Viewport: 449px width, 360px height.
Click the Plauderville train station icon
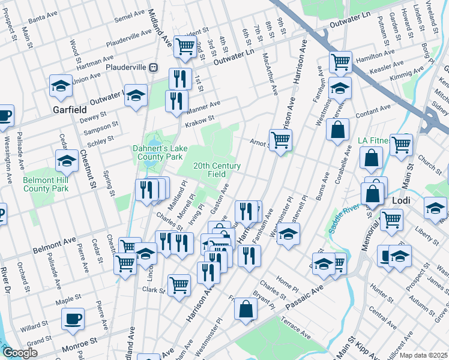tap(154, 67)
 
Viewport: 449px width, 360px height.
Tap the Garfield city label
tap(69, 110)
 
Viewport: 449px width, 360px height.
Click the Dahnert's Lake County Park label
tap(157, 152)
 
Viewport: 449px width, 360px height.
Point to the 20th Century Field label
tap(217, 170)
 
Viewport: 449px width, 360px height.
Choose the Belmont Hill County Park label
tap(46, 184)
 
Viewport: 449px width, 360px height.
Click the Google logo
tap(20, 352)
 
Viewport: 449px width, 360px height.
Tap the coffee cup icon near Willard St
tap(73, 318)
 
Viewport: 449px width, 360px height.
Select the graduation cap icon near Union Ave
tap(61, 86)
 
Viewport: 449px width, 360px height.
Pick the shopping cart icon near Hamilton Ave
tap(340, 61)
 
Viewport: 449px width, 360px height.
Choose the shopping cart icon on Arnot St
tap(280, 140)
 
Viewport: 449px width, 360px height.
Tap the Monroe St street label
tap(80, 342)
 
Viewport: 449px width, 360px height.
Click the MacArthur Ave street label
tap(270, 73)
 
